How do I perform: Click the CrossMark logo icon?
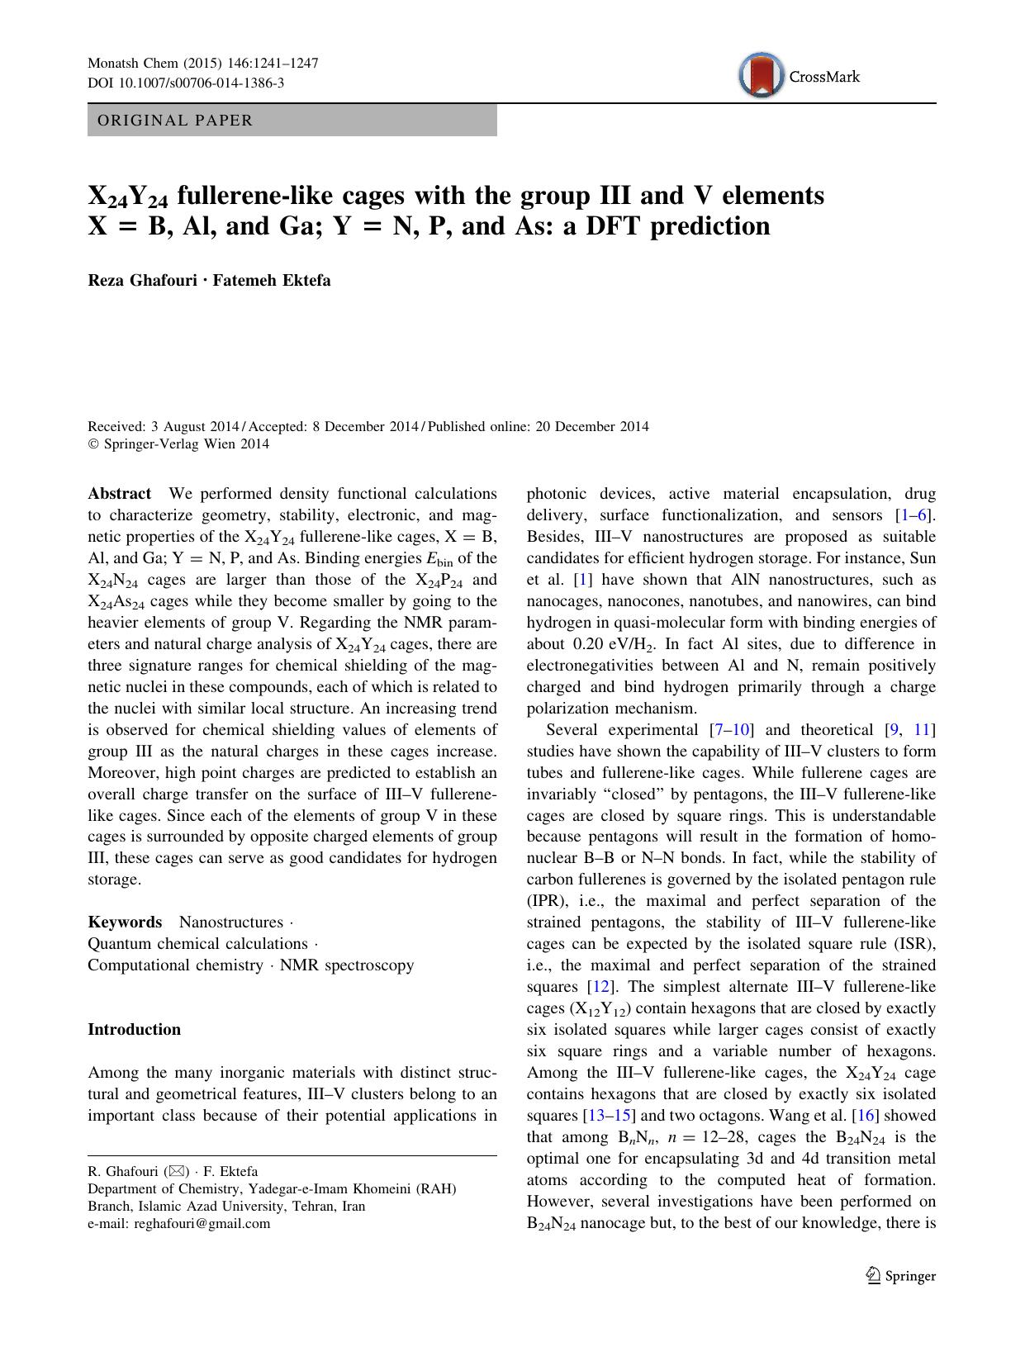(761, 75)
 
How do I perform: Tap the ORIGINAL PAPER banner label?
(175, 121)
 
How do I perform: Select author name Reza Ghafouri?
(143, 280)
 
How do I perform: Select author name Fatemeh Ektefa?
(272, 280)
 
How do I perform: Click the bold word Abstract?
(120, 494)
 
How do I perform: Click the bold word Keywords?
(125, 922)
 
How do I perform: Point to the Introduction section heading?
(134, 1030)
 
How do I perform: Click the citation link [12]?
(598, 987)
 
